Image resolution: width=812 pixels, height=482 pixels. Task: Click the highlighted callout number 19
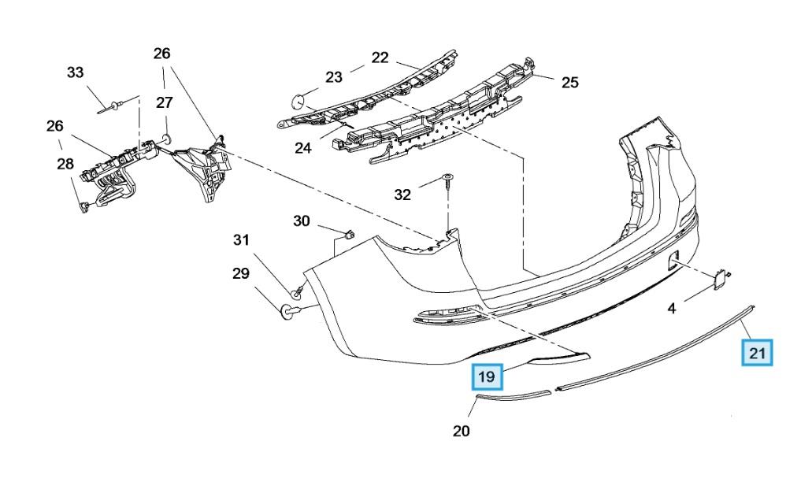tap(486, 376)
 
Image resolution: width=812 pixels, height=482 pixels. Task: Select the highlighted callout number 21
tap(757, 353)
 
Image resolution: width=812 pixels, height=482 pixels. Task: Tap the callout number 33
tap(75, 72)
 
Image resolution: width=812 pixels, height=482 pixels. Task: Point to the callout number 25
tap(569, 83)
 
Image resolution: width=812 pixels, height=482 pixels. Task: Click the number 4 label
tap(672, 309)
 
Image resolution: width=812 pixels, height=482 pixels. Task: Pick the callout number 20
tap(462, 431)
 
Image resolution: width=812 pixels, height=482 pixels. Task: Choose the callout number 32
tap(402, 195)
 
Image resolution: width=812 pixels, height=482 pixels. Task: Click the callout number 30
tap(302, 221)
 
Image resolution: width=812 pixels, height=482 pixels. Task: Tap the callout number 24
tap(303, 149)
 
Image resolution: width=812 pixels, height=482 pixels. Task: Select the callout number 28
tap(65, 164)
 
